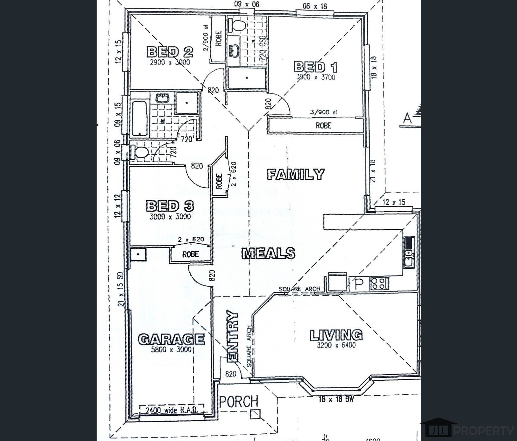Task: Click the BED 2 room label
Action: point(170,52)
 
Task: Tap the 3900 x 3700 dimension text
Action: point(316,77)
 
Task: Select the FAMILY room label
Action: point(296,175)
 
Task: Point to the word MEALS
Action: point(269,253)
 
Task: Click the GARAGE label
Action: point(171,339)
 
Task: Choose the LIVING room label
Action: point(336,335)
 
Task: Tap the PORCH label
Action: point(239,401)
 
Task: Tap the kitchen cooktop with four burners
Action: point(379,283)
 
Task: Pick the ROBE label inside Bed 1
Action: point(323,125)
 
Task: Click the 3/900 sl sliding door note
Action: point(323,112)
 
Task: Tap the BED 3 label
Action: point(170,206)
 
